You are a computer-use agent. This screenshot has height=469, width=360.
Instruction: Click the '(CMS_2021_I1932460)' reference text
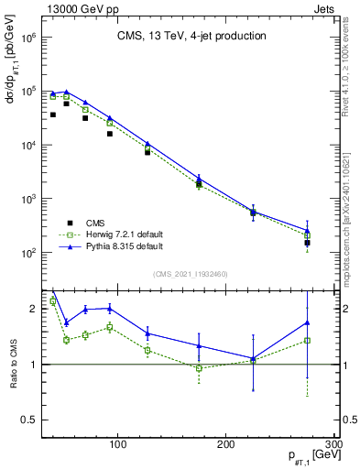coord(191,274)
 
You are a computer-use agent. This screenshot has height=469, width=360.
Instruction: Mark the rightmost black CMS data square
coord(308,244)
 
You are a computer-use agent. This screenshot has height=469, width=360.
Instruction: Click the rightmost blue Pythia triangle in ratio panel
coord(308,322)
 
